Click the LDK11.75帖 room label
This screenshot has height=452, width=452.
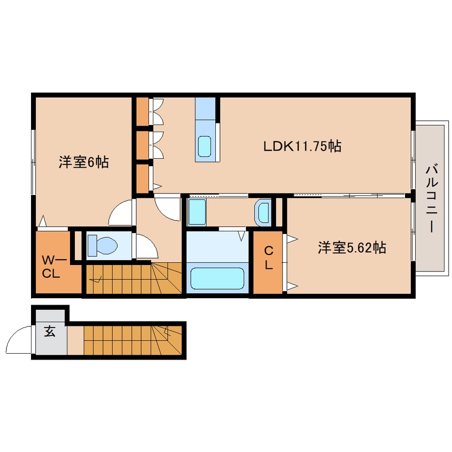pyautogui.click(x=302, y=145)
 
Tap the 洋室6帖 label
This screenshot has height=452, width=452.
pyautogui.click(x=84, y=162)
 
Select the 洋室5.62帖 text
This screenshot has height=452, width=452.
pyautogui.click(x=352, y=247)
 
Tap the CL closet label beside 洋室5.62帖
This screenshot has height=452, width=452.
pyautogui.click(x=269, y=257)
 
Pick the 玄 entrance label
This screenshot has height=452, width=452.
pyautogui.click(x=50, y=332)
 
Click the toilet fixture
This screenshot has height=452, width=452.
pyautogui.click(x=102, y=246)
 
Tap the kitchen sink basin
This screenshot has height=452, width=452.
pyautogui.click(x=205, y=146)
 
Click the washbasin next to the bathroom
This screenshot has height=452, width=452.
pyautogui.click(x=263, y=212)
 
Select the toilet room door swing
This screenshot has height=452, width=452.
pyautogui.click(x=145, y=246)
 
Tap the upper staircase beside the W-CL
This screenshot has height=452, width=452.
pyautogui.click(x=134, y=278)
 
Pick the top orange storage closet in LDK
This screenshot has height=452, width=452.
pyautogui.click(x=142, y=111)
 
